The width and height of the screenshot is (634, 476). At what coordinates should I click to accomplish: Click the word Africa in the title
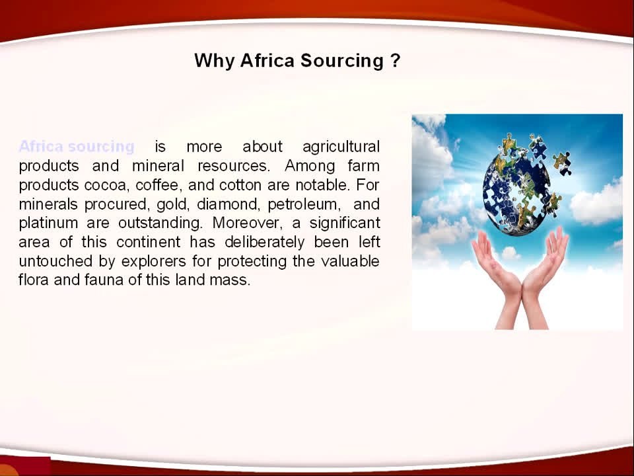click(x=267, y=61)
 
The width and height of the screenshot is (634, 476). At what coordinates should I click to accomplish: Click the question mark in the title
click(x=396, y=61)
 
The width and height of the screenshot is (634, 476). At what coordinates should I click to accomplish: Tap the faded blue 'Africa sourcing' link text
click(x=77, y=146)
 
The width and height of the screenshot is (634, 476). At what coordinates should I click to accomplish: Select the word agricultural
click(x=341, y=147)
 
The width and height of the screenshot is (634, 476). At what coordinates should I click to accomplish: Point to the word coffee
click(x=157, y=185)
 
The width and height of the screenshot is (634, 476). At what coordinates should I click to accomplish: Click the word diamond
click(x=227, y=204)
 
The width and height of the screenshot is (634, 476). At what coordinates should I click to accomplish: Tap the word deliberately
click(x=264, y=242)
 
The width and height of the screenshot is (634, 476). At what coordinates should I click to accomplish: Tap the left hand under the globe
click(x=496, y=277)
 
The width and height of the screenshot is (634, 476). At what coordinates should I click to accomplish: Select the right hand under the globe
click(x=544, y=277)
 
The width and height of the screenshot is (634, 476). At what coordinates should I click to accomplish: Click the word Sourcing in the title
click(x=341, y=61)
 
